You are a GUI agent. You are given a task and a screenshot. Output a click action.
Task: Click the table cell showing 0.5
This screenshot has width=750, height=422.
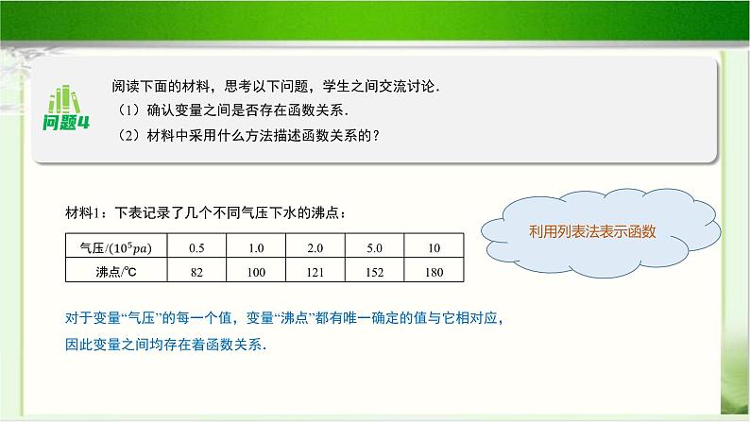[196, 247]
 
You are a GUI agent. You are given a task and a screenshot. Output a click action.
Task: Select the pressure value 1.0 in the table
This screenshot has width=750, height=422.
[255, 247]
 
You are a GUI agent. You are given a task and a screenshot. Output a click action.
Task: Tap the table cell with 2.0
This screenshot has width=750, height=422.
[315, 247]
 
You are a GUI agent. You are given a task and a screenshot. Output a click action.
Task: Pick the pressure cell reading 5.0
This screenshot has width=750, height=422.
[375, 247]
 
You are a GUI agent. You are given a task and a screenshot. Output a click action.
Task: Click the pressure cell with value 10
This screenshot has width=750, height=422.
[435, 247]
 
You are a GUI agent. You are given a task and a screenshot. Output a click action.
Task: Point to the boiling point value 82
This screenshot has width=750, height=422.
[196, 271]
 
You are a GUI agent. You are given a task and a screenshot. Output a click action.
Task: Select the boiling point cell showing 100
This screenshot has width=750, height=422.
[255, 271]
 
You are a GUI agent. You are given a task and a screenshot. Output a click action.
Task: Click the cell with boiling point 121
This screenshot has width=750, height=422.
[315, 271]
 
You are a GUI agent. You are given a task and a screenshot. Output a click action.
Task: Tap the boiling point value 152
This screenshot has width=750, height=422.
[375, 271]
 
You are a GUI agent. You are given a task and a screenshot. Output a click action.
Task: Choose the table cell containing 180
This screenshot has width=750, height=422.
[435, 271]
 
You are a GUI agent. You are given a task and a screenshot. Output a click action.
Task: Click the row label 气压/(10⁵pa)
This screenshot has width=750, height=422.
[116, 247]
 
